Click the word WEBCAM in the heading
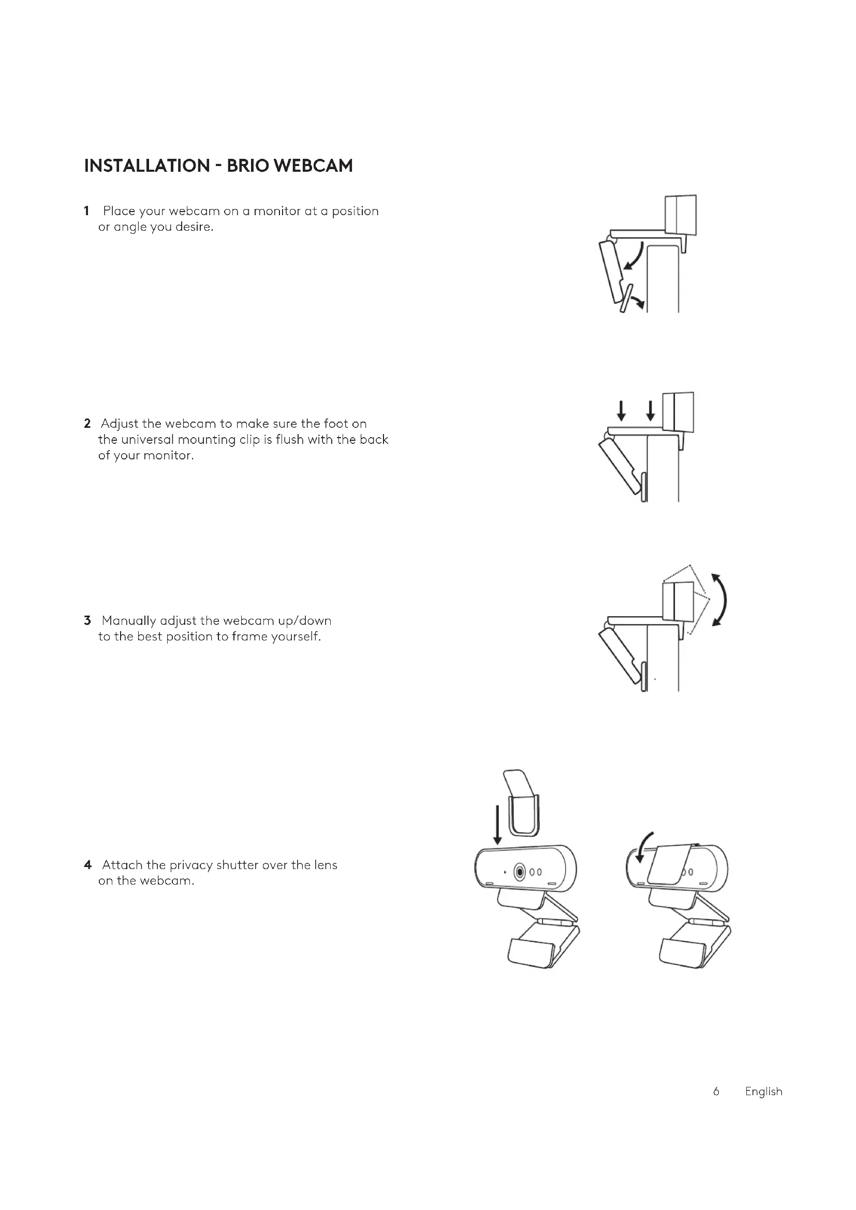314,166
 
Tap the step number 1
86,212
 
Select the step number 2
87,424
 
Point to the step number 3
87,620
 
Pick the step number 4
87,865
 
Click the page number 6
716,1092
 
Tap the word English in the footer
763,1092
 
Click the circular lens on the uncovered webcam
520,872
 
